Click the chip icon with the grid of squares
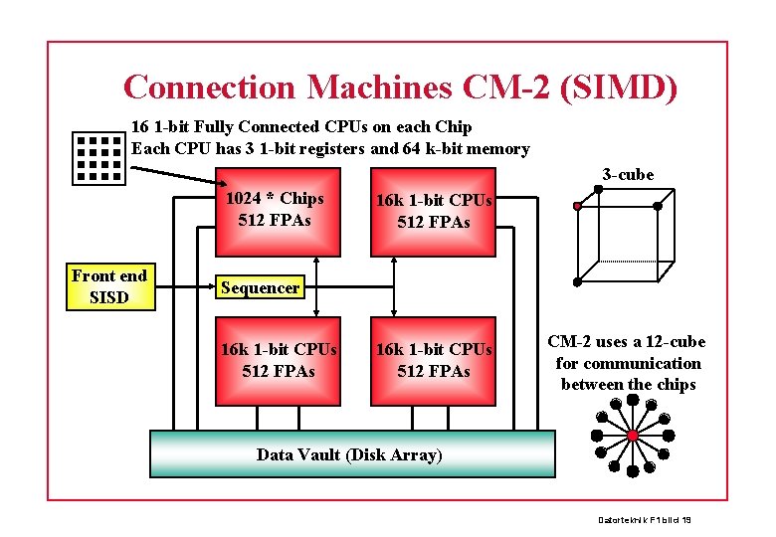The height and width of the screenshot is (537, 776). (98, 157)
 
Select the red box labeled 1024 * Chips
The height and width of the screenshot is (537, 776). (275, 210)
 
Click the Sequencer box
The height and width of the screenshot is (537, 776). (260, 287)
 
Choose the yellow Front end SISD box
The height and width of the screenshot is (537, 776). (109, 286)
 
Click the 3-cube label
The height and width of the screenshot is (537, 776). (628, 175)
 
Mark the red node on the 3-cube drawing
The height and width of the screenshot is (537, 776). (576, 207)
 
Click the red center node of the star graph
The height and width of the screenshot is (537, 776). (632, 436)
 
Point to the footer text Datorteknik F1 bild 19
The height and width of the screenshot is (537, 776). (645, 519)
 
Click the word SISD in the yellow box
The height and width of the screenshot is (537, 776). (109, 296)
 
